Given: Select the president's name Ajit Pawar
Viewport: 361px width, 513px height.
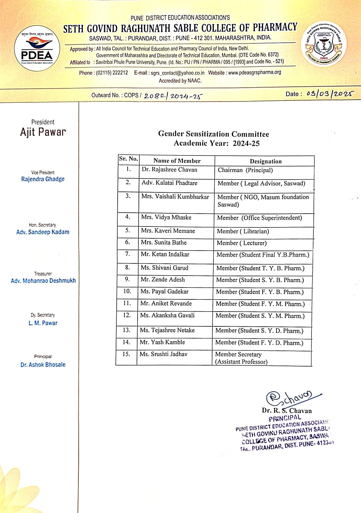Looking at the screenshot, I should (43, 132).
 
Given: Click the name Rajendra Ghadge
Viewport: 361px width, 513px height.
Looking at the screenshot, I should (43, 179).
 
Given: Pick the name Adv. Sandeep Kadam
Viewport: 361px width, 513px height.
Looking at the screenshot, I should (43, 232).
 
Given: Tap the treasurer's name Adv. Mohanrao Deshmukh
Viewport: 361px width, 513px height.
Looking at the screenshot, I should (43, 280).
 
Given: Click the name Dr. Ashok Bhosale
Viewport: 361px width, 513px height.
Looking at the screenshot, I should (43, 365).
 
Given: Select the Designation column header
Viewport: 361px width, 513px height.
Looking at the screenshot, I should (266, 161).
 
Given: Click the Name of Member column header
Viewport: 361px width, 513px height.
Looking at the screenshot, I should (177, 161).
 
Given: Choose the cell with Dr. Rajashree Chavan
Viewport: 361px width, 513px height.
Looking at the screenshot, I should (169, 170).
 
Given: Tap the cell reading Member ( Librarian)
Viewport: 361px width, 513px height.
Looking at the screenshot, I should (243, 231).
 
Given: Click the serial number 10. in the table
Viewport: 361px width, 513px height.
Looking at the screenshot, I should (127, 291).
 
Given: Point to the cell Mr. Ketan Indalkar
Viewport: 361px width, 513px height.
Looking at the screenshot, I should (165, 254).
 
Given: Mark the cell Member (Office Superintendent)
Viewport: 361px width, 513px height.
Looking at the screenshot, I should (259, 218).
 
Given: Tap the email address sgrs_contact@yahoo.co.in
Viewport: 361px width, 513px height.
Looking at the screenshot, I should (177, 73).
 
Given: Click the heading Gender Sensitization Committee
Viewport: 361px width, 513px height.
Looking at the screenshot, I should (213, 134).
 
